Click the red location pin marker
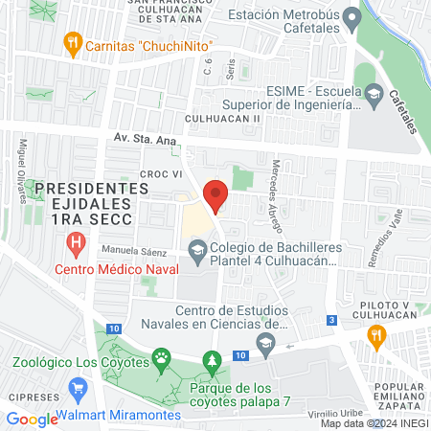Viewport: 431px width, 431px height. (x=216, y=195)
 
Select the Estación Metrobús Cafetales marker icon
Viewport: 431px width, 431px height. (x=352, y=17)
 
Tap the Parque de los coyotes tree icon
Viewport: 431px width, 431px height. (x=211, y=361)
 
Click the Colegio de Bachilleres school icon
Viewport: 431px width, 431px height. (x=197, y=251)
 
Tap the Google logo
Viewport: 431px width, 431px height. (x=32, y=419)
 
